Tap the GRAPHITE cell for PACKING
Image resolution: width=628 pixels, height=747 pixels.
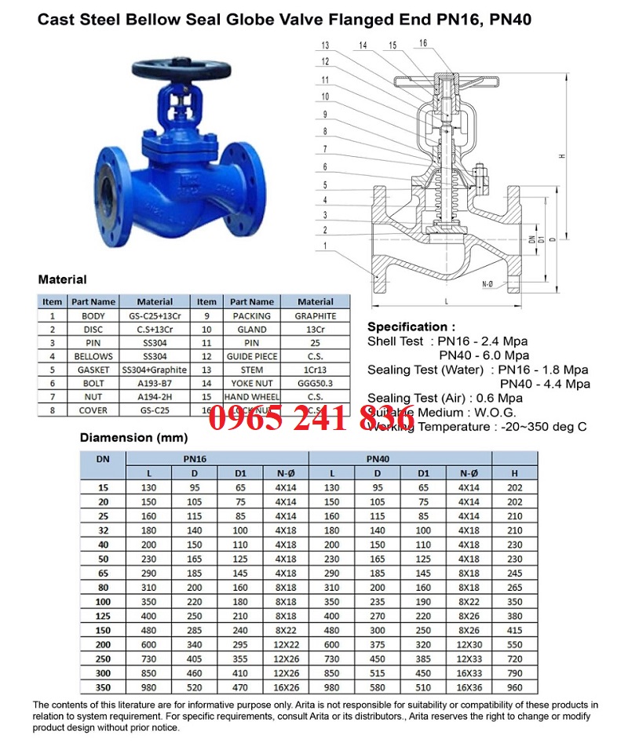tap(316, 315)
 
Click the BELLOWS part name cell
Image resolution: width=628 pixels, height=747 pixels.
tap(93, 355)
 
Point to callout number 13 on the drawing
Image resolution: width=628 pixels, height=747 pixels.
tap(326, 45)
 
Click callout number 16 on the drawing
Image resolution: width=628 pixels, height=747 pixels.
tap(422, 43)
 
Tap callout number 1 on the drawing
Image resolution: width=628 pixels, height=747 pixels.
tap(325, 246)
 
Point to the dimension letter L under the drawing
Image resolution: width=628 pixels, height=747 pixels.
tap(446, 301)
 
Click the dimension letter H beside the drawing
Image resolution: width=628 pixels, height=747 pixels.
tap(562, 156)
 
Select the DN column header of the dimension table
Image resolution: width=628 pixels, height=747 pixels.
tap(103, 459)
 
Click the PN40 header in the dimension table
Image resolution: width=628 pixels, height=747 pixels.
tap(378, 459)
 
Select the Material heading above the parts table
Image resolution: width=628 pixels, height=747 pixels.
tap(62, 279)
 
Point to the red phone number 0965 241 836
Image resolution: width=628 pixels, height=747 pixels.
tap(312, 418)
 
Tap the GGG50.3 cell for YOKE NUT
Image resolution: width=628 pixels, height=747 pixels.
tap(316, 382)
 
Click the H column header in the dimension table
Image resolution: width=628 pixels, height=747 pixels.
tap(514, 473)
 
